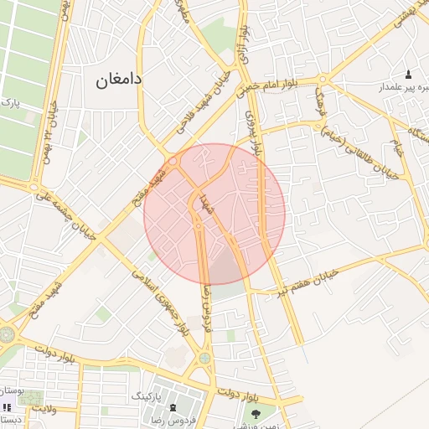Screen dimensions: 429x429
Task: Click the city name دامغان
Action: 114,80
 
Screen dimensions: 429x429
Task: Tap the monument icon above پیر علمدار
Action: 408,75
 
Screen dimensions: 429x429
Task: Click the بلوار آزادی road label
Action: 245,42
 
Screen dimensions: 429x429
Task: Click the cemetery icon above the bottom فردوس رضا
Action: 173,408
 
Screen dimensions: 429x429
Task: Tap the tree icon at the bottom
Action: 256,412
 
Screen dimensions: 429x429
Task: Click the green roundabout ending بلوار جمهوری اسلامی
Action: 204,359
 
